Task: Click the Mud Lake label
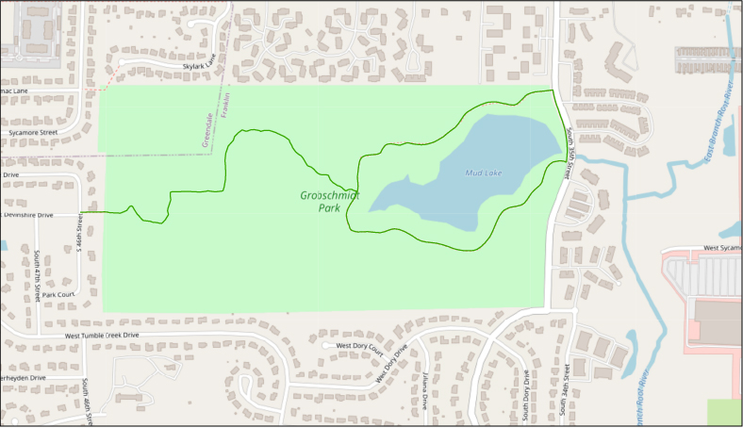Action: [x=484, y=173]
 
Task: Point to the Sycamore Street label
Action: [x=33, y=133]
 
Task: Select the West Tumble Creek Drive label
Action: [x=102, y=335]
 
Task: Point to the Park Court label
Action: [x=58, y=295]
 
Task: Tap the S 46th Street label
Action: [x=79, y=237]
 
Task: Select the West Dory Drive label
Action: [x=392, y=363]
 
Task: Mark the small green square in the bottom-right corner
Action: [x=724, y=413]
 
